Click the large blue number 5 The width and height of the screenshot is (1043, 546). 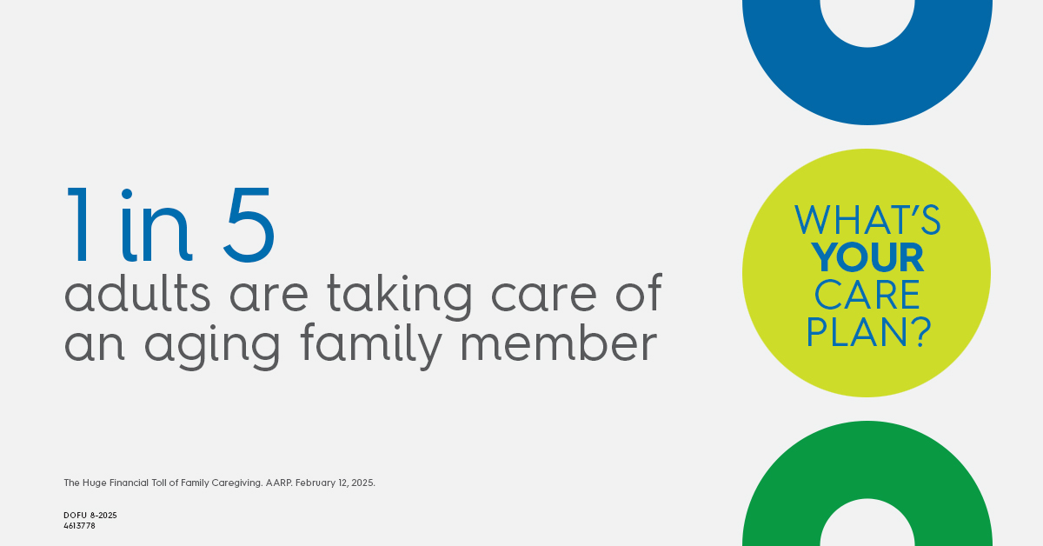pyautogui.click(x=249, y=225)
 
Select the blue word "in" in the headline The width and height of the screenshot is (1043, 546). pyautogui.click(x=156, y=226)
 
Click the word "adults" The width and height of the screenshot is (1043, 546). pyautogui.click(x=137, y=293)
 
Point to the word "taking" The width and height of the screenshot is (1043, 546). pyautogui.click(x=400, y=296)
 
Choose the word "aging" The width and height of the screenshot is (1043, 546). pyautogui.click(x=212, y=348)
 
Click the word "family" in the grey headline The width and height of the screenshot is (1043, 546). pyautogui.click(x=371, y=347)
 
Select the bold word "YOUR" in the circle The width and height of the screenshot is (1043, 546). pyautogui.click(x=867, y=256)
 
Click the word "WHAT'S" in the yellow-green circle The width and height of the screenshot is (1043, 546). pyautogui.click(x=867, y=220)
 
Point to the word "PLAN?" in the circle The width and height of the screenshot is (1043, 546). pyautogui.click(x=868, y=332)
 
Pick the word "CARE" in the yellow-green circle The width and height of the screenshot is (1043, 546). pyautogui.click(x=867, y=295)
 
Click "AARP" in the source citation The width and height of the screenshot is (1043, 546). pyautogui.click(x=278, y=483)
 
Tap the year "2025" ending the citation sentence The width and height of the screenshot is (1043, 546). pyautogui.click(x=362, y=483)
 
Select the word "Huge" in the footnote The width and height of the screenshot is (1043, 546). pyautogui.click(x=95, y=483)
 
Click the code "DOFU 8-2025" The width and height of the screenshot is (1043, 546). pyautogui.click(x=90, y=516)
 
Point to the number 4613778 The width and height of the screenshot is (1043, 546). pyautogui.click(x=79, y=525)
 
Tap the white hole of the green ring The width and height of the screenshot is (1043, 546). pyautogui.click(x=867, y=524)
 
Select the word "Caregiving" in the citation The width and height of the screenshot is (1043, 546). pyautogui.click(x=236, y=483)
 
